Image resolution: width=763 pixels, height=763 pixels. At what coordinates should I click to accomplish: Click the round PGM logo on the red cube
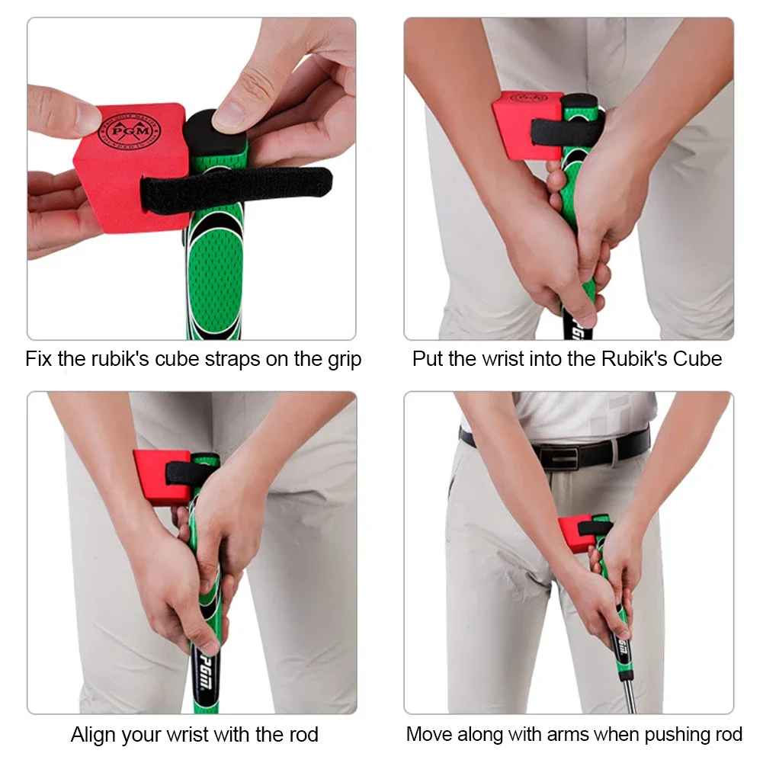[130, 131]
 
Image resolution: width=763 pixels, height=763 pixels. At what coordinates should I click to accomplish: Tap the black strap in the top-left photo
[236, 190]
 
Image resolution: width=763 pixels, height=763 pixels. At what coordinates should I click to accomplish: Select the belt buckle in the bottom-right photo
[559, 457]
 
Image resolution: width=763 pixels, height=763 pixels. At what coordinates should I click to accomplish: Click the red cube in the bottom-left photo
[162, 478]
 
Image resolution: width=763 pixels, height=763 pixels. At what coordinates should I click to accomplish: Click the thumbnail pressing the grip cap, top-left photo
[229, 114]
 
